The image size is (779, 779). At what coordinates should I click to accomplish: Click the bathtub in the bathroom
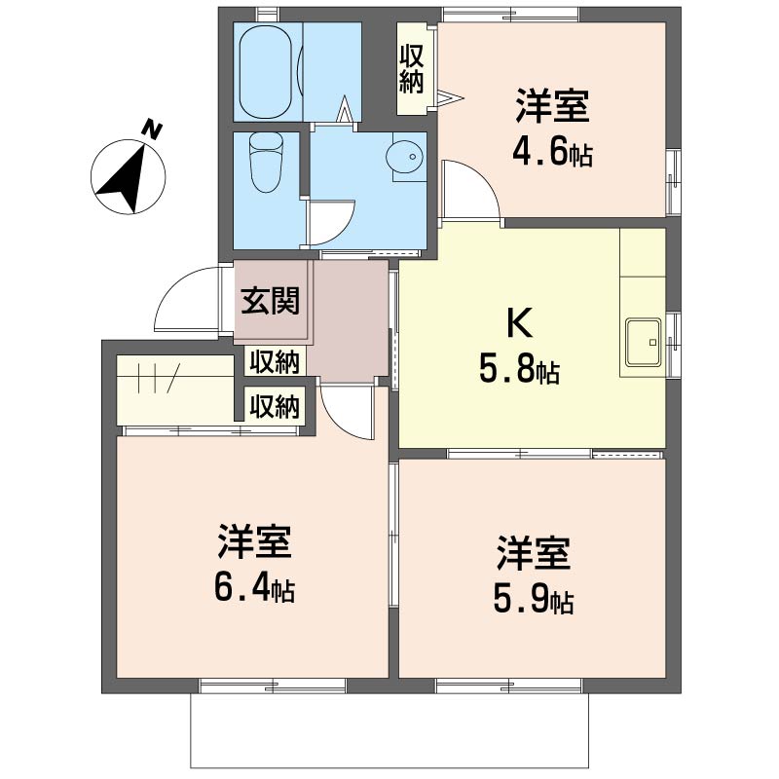coord(264,72)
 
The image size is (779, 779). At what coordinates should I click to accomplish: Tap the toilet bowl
coord(266,162)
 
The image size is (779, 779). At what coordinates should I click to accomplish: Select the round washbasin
coord(406,156)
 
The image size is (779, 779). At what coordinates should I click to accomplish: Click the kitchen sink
coord(644,343)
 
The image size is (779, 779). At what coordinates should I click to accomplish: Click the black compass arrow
coord(125,177)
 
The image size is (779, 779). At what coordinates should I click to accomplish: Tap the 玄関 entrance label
coord(271,301)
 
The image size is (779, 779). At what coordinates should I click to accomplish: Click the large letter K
coord(520,323)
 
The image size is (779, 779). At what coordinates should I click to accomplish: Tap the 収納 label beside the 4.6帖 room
coord(412,68)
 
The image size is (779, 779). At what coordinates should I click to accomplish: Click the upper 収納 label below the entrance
coord(275,361)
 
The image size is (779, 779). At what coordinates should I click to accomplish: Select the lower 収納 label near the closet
coord(275,407)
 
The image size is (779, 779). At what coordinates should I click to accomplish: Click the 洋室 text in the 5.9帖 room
coord(533,553)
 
